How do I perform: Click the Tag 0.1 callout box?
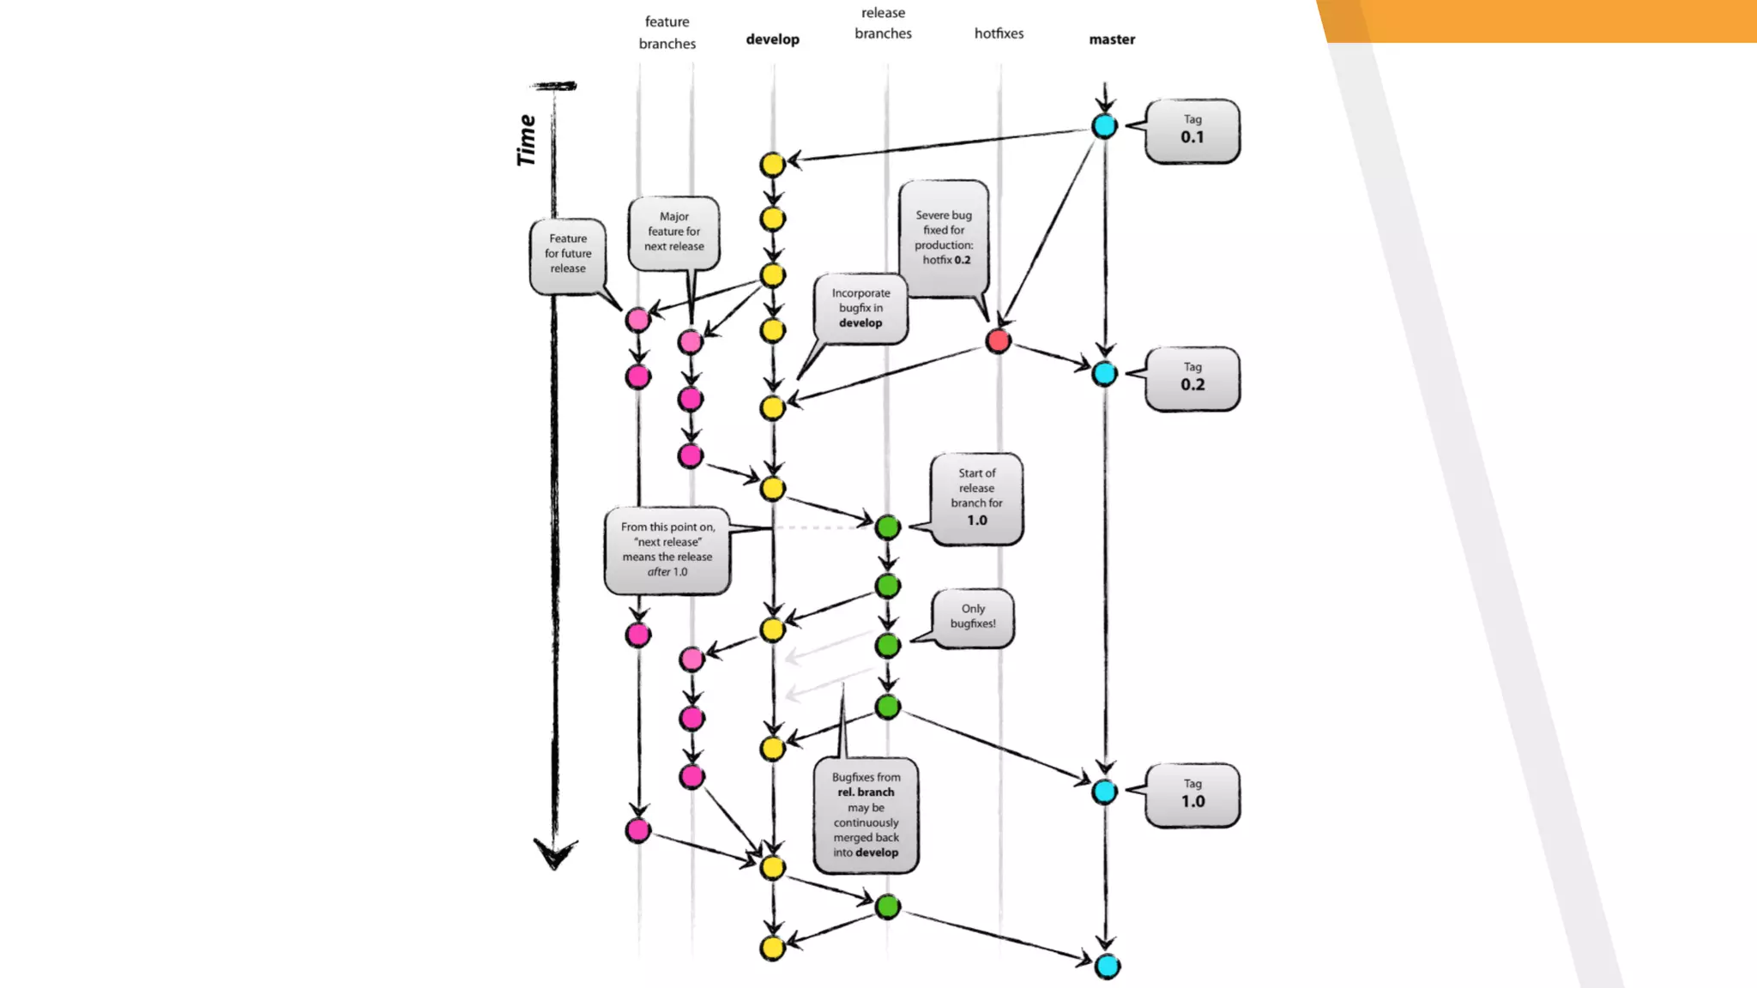point(1192,130)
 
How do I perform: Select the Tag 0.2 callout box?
point(1192,378)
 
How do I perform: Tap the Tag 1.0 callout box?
point(1192,795)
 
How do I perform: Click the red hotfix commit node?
point(998,340)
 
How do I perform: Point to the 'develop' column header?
point(772,39)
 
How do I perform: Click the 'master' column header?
point(1112,39)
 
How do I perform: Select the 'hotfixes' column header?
point(999,33)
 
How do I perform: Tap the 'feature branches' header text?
point(667,33)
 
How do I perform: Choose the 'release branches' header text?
point(883,23)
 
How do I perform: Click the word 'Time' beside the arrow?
point(526,140)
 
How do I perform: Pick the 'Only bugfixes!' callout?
point(973,617)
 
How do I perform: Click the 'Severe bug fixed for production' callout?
point(944,238)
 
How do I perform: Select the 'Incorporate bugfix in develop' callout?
point(860,308)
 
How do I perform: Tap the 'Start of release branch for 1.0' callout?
point(976,497)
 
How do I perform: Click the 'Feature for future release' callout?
point(568,254)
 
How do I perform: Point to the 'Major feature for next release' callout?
point(674,232)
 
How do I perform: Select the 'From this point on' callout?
point(667,550)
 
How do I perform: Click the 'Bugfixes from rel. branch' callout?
point(866,815)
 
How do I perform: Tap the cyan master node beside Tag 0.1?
point(1104,126)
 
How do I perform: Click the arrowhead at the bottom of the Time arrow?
point(555,855)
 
